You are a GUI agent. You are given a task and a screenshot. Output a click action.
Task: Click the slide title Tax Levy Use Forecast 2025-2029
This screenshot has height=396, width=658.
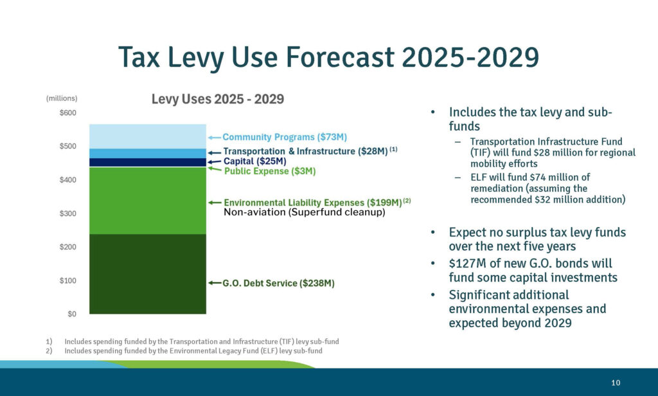tap(328, 58)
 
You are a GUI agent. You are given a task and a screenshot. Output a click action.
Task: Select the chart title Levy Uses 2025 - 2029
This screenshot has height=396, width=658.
tap(217, 100)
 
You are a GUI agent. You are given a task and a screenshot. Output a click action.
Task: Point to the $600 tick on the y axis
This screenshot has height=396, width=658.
tap(68, 113)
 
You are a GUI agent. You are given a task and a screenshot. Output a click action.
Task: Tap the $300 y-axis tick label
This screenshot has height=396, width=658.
tap(68, 213)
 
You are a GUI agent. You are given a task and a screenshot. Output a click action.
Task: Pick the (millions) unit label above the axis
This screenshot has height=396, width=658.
tap(62, 98)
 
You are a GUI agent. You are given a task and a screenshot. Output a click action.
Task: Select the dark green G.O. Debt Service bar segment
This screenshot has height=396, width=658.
tap(148, 274)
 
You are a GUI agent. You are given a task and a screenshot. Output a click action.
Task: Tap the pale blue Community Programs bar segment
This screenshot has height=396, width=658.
tap(148, 136)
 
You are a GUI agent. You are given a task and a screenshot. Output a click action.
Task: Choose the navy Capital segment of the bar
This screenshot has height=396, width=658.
tap(148, 162)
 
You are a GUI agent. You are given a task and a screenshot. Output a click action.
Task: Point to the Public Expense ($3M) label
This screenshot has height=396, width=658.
tap(270, 172)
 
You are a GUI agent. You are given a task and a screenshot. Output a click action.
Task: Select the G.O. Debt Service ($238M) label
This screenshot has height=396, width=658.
tap(278, 283)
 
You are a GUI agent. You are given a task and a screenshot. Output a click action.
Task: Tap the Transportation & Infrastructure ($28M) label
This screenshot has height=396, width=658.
tap(305, 152)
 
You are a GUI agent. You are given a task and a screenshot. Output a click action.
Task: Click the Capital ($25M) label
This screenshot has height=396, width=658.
tap(254, 161)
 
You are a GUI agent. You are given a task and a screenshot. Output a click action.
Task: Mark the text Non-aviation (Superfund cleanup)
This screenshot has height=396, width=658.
tap(304, 212)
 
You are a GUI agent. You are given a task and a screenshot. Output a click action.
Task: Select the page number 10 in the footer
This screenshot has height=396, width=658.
tap(616, 383)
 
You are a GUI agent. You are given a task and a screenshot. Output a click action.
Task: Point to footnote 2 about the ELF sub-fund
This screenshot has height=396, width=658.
tap(193, 352)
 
